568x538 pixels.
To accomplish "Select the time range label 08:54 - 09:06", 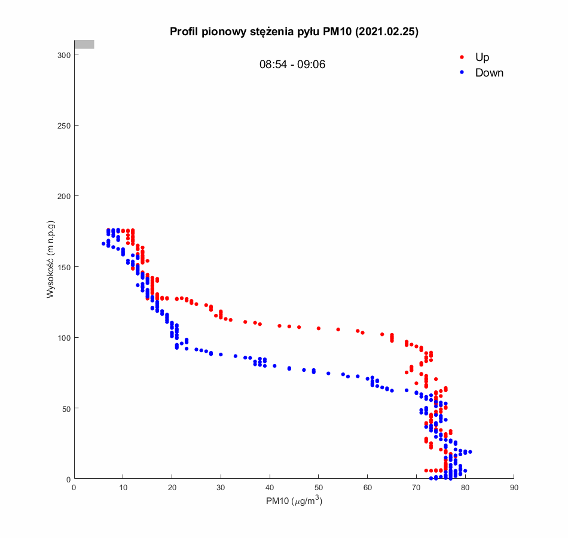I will (292, 65).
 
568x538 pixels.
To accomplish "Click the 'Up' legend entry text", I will (482, 57).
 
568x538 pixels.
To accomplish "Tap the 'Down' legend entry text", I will (489, 73).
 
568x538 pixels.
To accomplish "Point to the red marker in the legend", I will (462, 57).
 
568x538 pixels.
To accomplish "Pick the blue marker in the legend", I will (462, 73).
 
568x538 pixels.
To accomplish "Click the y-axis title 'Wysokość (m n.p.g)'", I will (51, 259).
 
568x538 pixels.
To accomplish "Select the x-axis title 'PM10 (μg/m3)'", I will (294, 502).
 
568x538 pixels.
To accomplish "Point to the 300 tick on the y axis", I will (64, 55).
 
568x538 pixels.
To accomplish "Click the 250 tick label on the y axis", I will (64, 126).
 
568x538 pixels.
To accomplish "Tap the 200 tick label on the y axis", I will (64, 196).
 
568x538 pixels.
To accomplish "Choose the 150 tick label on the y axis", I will (64, 267).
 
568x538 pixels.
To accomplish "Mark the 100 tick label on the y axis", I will (64, 338).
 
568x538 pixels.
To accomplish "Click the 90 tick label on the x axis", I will (514, 488).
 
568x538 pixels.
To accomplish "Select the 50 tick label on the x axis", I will (318, 488).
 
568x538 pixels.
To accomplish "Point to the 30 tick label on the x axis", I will (221, 488).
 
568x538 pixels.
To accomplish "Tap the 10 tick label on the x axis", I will (123, 488).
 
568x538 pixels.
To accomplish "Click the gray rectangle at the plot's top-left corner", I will (84, 44).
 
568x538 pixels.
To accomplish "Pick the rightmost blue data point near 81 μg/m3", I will (470, 452).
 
